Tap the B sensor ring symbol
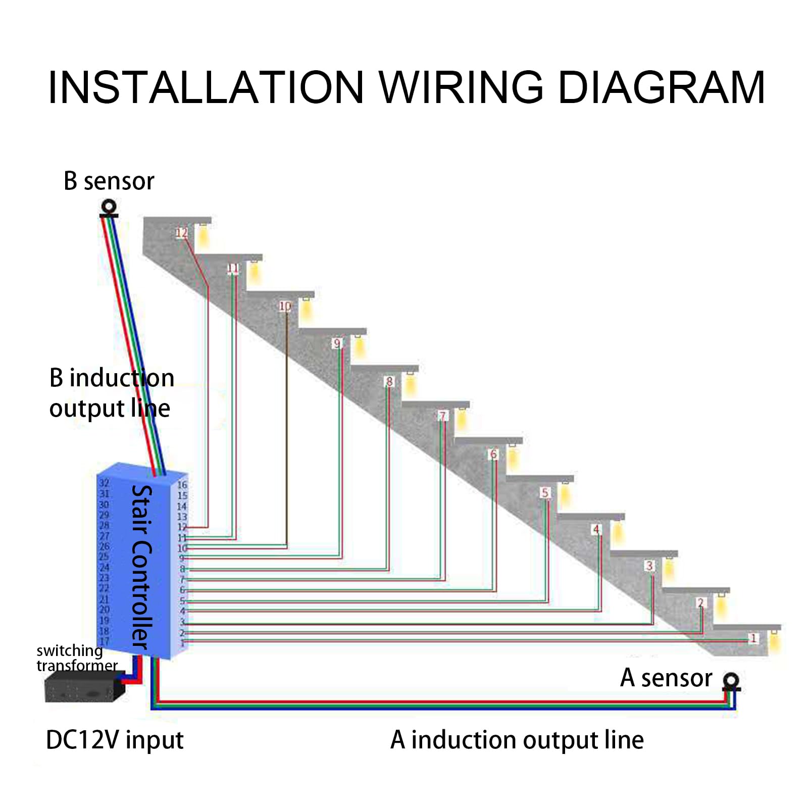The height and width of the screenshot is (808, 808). click(109, 207)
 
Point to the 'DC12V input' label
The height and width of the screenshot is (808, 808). click(115, 740)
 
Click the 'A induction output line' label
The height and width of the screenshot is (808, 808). click(517, 740)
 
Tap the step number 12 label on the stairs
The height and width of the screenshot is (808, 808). click(182, 233)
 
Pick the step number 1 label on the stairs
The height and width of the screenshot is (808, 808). click(753, 638)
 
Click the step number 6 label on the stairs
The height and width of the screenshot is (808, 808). click(493, 454)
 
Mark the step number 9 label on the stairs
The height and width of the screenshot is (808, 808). click(337, 343)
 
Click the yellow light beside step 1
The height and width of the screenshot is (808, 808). click(774, 640)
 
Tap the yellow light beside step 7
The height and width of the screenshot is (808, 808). click(461, 419)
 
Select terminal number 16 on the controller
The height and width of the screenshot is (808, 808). click(182, 485)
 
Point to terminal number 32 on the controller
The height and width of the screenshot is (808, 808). click(104, 483)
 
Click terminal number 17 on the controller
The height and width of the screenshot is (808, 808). click(104, 641)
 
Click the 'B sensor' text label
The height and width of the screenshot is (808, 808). click(109, 181)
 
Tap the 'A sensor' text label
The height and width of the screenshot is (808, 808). click(666, 678)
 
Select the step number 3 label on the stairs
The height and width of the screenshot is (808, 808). click(649, 566)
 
